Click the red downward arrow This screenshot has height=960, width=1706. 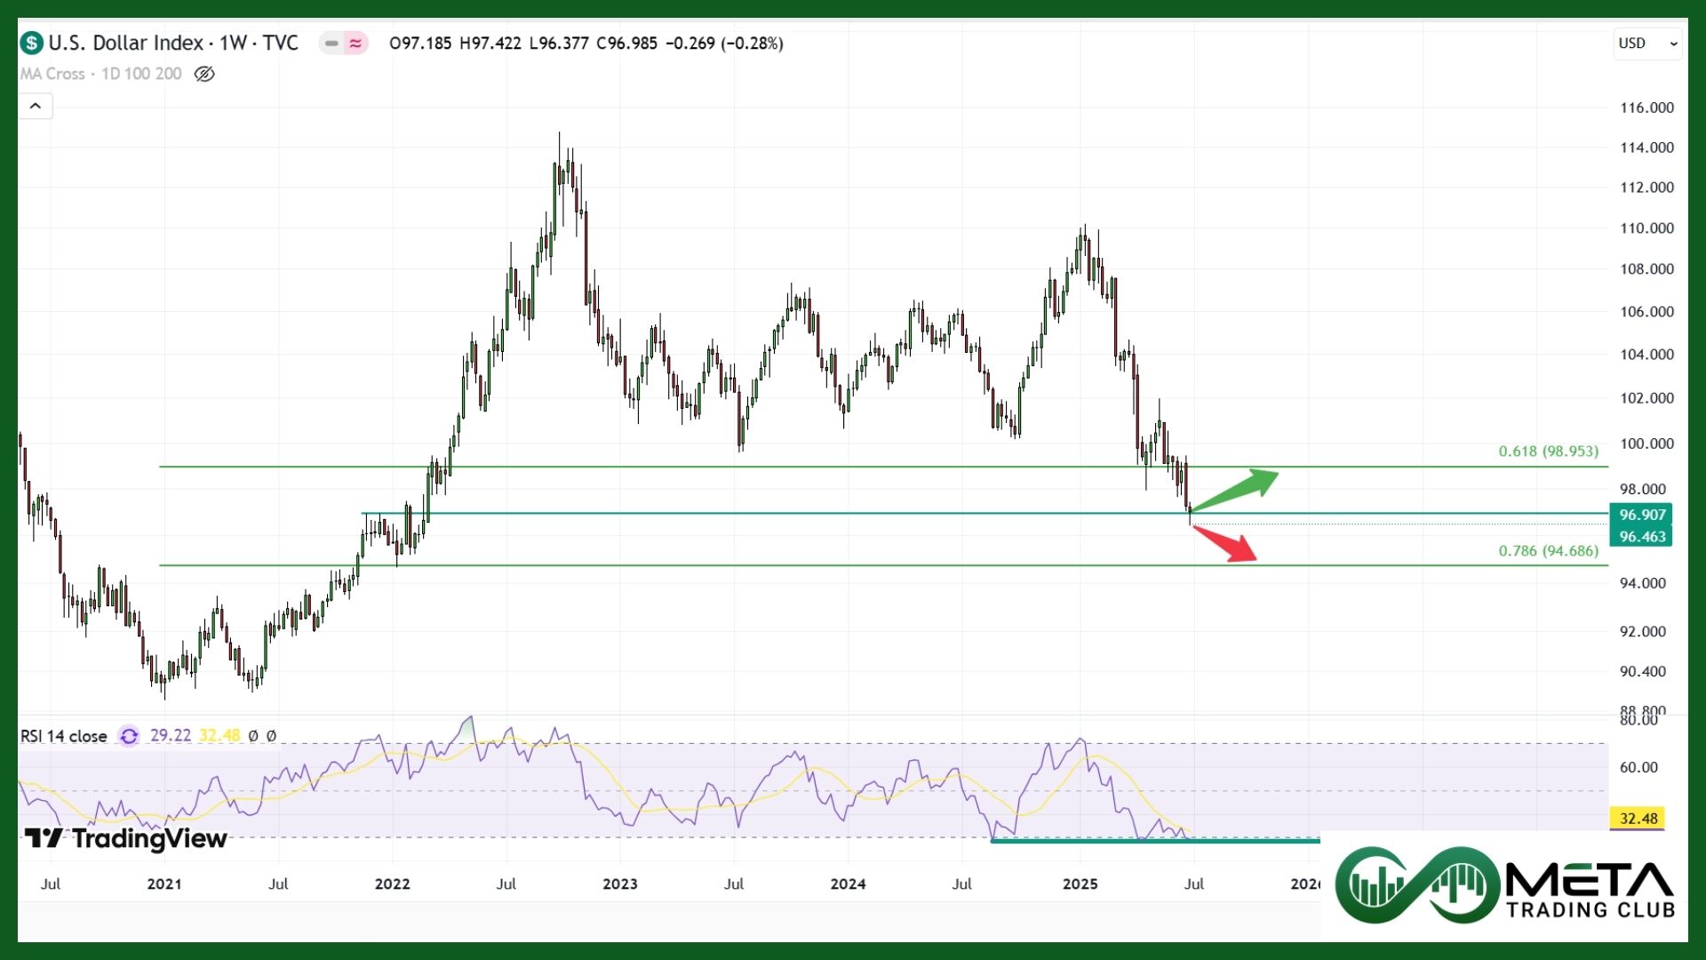(x=1226, y=544)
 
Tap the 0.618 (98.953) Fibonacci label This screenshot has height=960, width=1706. (x=1548, y=452)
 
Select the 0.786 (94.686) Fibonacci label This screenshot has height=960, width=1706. (x=1548, y=551)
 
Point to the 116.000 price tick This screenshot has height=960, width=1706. (x=1646, y=108)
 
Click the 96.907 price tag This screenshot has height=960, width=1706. (x=1641, y=515)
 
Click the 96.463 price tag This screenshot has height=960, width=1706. (x=1641, y=537)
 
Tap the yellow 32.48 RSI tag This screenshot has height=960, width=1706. (x=1638, y=819)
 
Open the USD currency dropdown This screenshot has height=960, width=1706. (x=1647, y=44)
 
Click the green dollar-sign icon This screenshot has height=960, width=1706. (x=32, y=43)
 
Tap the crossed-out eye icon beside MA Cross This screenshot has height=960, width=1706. (x=204, y=74)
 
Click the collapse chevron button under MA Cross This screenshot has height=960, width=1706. (x=36, y=107)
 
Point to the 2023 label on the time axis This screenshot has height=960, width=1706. (x=619, y=884)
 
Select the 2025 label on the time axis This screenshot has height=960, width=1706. (x=1080, y=884)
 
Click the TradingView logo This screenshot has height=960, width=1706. (x=125, y=838)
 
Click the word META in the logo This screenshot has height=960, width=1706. (x=1590, y=880)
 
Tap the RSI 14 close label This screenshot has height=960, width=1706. (x=63, y=736)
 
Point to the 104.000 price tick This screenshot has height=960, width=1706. (x=1646, y=355)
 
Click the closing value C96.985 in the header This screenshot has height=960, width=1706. (x=626, y=44)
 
